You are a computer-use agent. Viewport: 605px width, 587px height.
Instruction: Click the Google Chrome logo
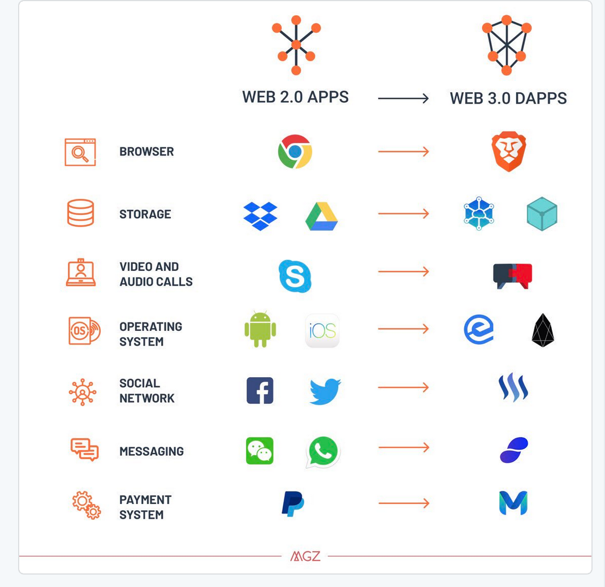(295, 152)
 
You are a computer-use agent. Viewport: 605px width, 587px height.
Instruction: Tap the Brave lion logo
(508, 152)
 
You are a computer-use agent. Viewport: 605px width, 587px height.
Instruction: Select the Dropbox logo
(261, 216)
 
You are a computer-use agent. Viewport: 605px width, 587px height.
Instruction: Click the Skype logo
(295, 276)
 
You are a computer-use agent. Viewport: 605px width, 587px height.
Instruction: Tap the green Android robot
(261, 329)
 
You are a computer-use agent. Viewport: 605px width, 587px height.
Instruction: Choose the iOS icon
(322, 331)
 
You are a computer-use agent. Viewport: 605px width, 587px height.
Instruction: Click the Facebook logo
(260, 391)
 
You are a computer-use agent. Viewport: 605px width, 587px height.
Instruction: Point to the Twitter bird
(325, 391)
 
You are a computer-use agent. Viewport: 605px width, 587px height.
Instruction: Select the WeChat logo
(260, 451)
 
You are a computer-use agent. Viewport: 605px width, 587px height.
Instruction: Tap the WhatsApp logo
(322, 451)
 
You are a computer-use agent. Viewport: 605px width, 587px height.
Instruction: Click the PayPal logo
(293, 504)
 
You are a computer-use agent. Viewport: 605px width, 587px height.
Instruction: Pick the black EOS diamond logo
(543, 330)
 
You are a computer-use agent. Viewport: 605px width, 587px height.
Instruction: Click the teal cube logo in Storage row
(542, 214)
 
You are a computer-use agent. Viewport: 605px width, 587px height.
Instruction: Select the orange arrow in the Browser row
(404, 152)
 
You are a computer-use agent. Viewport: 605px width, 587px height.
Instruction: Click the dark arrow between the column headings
(404, 98)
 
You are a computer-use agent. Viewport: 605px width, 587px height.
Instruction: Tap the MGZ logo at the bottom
(305, 556)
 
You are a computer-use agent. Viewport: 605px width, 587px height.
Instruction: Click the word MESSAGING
(152, 451)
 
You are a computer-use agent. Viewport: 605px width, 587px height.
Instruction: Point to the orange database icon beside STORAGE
(81, 213)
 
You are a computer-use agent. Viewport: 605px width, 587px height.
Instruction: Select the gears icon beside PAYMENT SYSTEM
(87, 505)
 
